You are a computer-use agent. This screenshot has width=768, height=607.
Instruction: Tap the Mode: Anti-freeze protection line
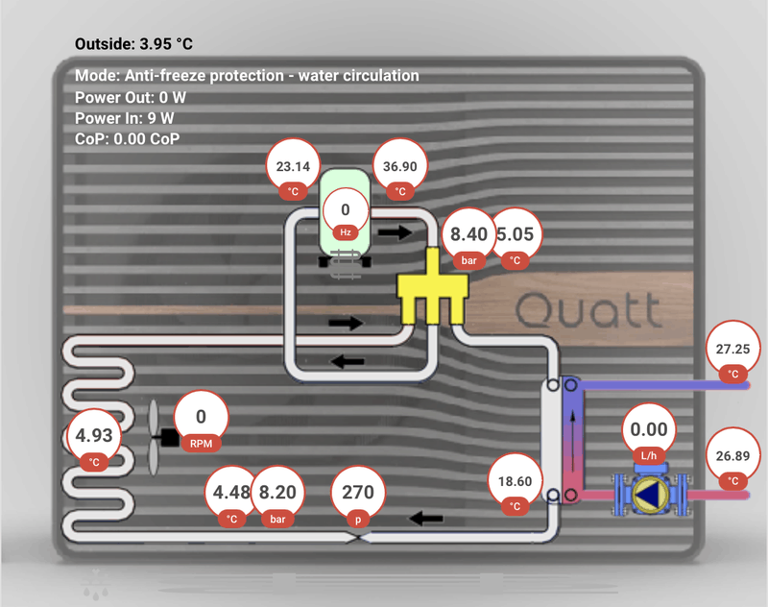[x=247, y=75]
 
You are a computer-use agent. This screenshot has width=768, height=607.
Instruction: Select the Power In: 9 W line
[x=125, y=117]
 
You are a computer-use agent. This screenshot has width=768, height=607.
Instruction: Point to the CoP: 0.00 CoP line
[x=128, y=138]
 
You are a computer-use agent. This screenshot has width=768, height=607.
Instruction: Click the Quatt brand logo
[x=588, y=311]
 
